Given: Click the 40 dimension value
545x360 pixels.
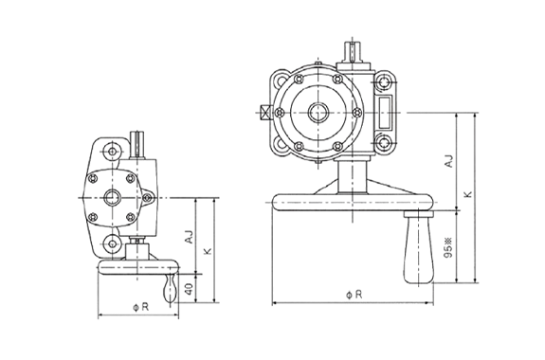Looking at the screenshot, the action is [x=189, y=289].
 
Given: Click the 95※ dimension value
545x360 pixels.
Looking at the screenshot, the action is [x=448, y=248].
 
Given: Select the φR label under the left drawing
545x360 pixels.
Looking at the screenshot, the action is [x=141, y=307].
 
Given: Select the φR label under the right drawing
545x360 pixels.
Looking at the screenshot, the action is [x=354, y=295].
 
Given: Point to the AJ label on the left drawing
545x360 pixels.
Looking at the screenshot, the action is [x=189, y=237].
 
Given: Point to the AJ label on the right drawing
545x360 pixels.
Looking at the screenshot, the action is [x=448, y=161].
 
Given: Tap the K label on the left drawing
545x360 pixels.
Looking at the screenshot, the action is [x=208, y=251].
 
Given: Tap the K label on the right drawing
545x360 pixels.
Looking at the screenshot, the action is [x=469, y=194].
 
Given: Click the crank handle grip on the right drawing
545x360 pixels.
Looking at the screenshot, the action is [x=419, y=249].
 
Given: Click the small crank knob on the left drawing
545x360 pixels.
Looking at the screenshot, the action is [x=170, y=289].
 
